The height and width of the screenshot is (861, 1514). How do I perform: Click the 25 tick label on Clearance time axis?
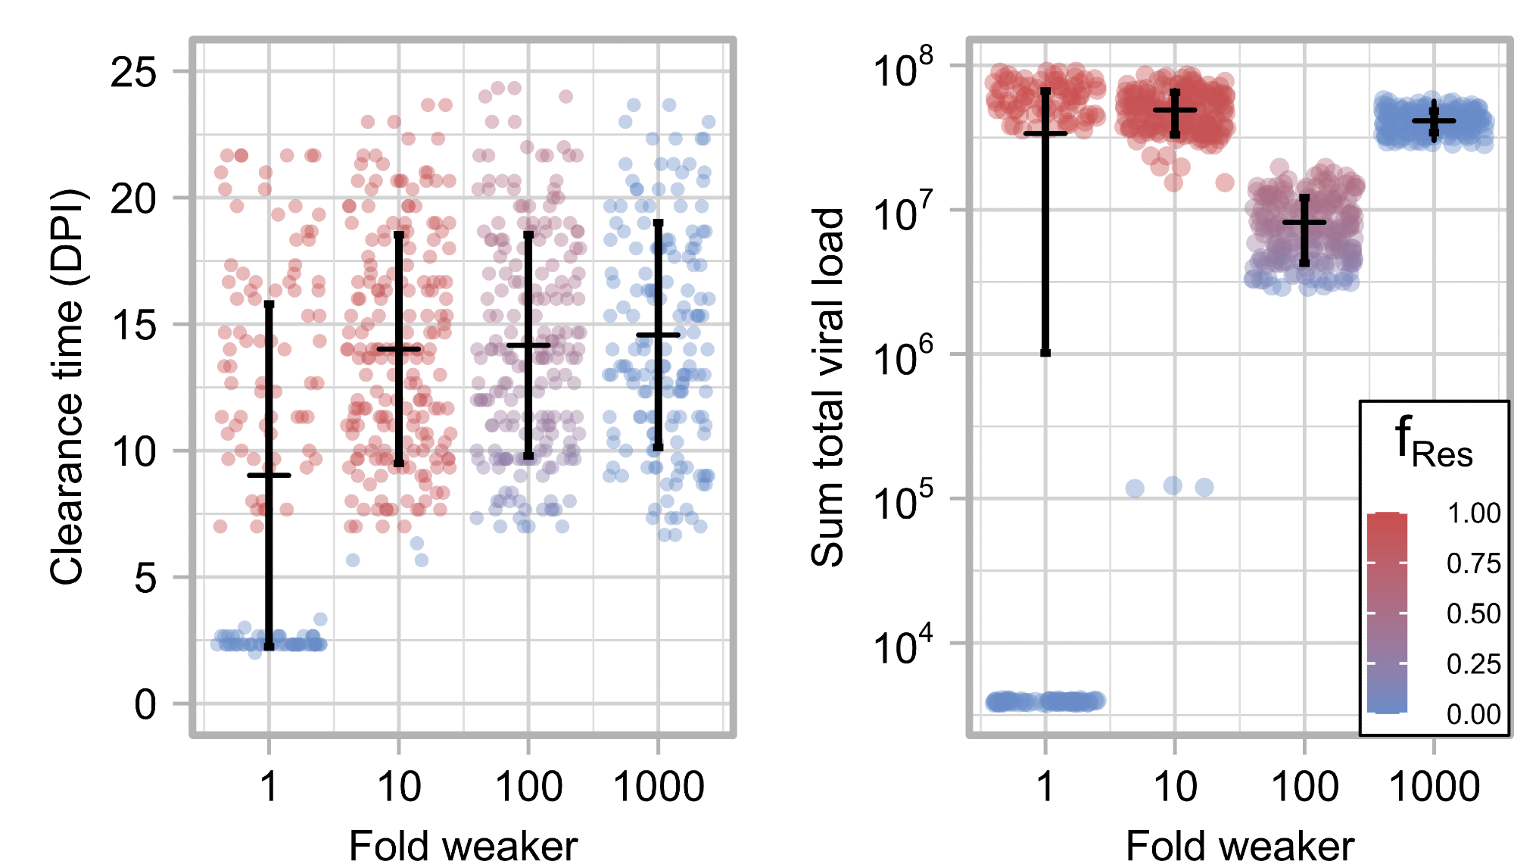pyautogui.click(x=133, y=73)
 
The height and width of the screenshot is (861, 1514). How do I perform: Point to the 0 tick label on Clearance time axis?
pyautogui.click(x=145, y=704)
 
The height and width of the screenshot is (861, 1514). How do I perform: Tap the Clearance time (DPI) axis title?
pyautogui.click(x=67, y=386)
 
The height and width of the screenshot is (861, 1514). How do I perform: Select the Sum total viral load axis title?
pyautogui.click(x=827, y=386)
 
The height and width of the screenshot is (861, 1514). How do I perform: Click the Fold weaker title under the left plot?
pyautogui.click(x=463, y=845)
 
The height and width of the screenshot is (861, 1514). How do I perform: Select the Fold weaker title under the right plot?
pyautogui.click(x=1240, y=845)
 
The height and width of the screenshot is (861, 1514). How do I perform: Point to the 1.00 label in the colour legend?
pyautogui.click(x=1473, y=513)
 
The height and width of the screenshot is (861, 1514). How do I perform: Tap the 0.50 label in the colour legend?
pyautogui.click(x=1473, y=613)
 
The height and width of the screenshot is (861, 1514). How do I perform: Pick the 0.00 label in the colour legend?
pyautogui.click(x=1473, y=714)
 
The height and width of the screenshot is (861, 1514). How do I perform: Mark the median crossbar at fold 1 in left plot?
pyautogui.click(x=269, y=476)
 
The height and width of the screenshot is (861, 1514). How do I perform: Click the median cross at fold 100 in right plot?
pyautogui.click(x=1304, y=222)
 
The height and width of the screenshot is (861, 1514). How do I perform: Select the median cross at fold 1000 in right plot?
pyautogui.click(x=1434, y=120)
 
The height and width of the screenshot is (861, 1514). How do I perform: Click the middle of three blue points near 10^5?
pyautogui.click(x=1173, y=486)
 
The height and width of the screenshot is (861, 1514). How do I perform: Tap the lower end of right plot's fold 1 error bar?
pyautogui.click(x=1045, y=352)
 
